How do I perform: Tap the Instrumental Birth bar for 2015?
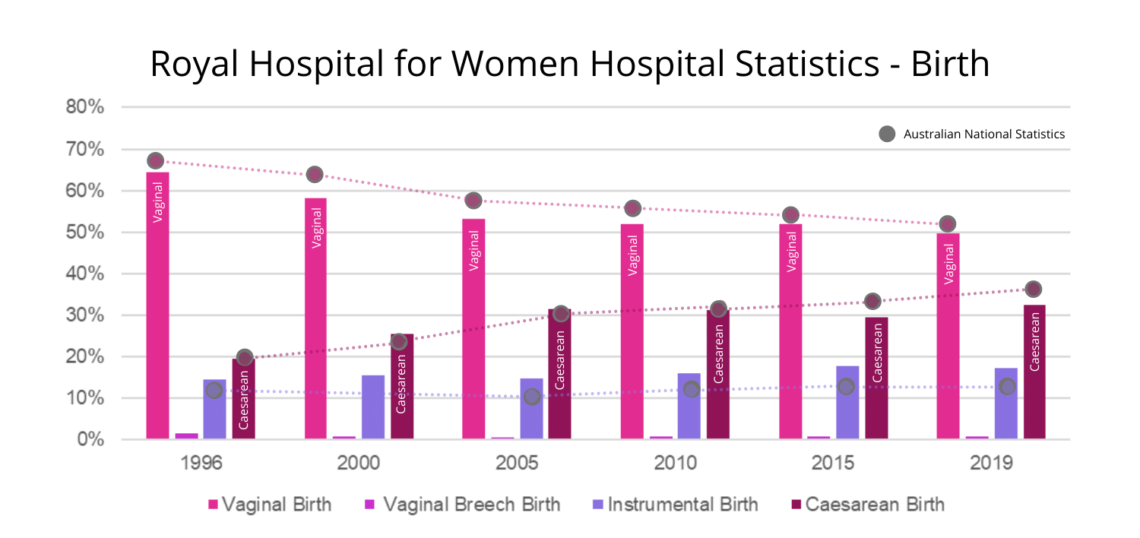847,402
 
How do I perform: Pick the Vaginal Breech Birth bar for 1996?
187,435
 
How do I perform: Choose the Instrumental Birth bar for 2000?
373,407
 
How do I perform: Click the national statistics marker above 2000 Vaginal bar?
315,175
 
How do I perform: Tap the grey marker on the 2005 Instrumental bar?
532,397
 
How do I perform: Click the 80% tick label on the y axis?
84,107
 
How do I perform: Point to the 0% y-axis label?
89,439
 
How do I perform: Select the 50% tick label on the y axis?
84,232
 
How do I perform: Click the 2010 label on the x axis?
675,463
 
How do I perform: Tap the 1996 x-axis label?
201,463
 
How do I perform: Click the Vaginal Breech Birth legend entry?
463,504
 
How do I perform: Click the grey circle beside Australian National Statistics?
887,134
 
